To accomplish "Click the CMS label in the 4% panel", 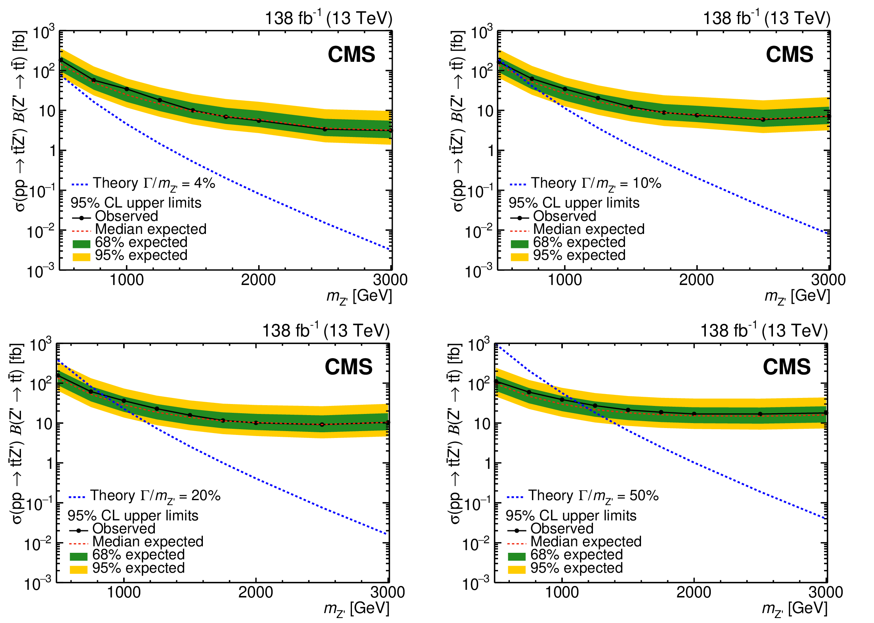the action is pyautogui.click(x=351, y=55).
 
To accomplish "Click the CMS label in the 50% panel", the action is pyautogui.click(x=787, y=367).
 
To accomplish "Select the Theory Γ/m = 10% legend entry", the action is pyautogui.click(x=585, y=184).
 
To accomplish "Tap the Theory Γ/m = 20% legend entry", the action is pyautogui.click(x=145, y=496).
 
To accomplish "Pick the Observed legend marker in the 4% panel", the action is pyautogui.click(x=81, y=218).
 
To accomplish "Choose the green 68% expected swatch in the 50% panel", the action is pyautogui.click(x=516, y=557).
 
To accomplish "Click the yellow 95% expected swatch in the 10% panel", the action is pyautogui.click(x=519, y=257).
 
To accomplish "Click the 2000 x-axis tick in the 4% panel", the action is pyautogui.click(x=259, y=280).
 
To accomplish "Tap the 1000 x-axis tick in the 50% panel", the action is pyautogui.click(x=562, y=593).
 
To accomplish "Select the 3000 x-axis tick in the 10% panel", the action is pyautogui.click(x=828, y=280).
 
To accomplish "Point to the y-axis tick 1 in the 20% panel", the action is pyautogui.click(x=50, y=464).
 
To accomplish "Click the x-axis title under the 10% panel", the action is pyautogui.click(x=797, y=297).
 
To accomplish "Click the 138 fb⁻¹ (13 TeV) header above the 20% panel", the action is pyautogui.click(x=326, y=330).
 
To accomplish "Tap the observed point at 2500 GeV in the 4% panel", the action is pyautogui.click(x=325, y=129).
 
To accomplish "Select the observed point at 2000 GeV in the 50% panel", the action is pyautogui.click(x=694, y=414).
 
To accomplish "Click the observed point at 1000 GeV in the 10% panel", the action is pyautogui.click(x=565, y=89).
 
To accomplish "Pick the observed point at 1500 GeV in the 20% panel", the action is pyautogui.click(x=190, y=415).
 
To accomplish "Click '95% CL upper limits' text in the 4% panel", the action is pyautogui.click(x=136, y=203).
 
